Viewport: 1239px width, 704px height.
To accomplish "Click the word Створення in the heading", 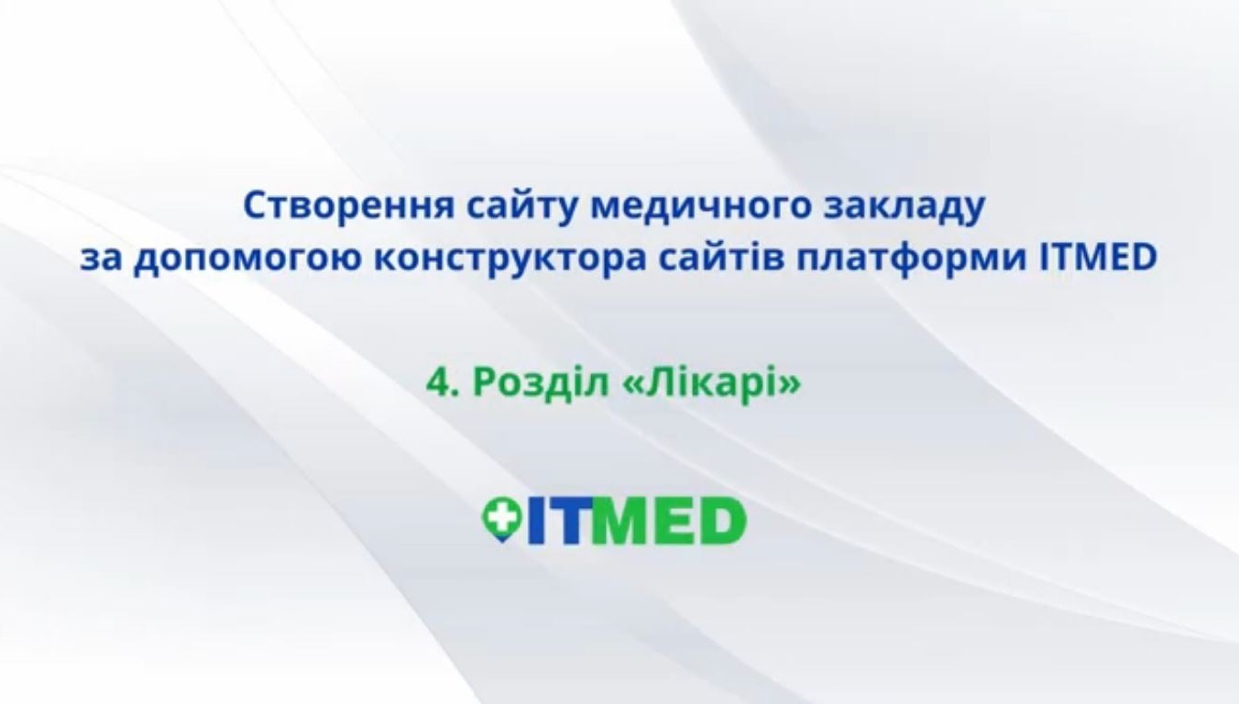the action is click(348, 206).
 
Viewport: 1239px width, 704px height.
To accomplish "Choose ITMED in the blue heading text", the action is click(1099, 258).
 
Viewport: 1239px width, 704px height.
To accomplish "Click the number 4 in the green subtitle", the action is click(436, 382).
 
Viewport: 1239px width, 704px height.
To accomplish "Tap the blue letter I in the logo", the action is click(535, 521).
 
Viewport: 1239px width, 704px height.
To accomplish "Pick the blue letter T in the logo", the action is click(565, 521).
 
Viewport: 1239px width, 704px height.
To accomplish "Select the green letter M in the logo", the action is click(615, 521).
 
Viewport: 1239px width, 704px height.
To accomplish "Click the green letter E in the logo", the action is click(672, 521).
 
